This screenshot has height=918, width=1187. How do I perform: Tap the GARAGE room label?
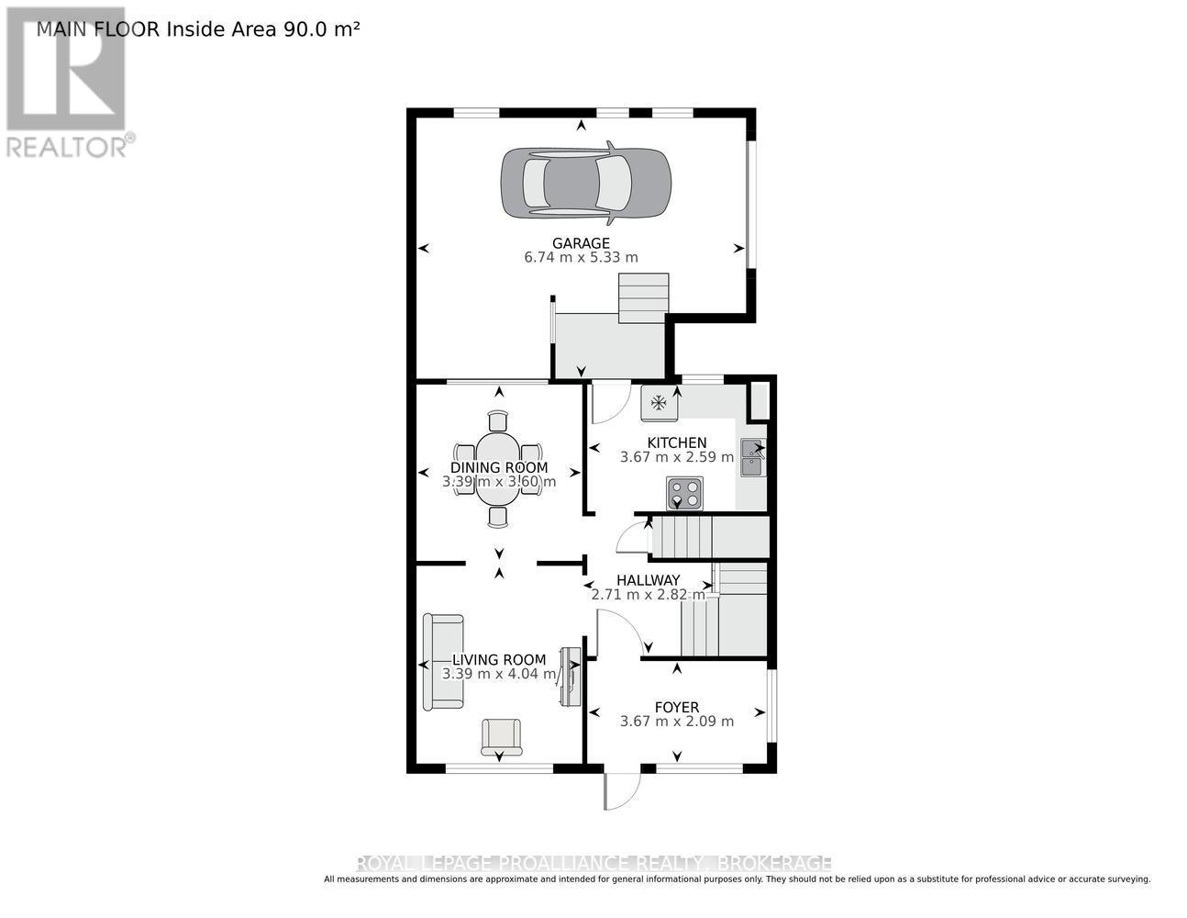pyautogui.click(x=581, y=243)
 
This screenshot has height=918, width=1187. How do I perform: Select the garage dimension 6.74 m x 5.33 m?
pyautogui.click(x=581, y=257)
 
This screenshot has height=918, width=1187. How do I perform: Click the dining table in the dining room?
pyautogui.click(x=497, y=469)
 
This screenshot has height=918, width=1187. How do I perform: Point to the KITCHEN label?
pyautogui.click(x=677, y=442)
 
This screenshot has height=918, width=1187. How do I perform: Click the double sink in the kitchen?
pyautogui.click(x=753, y=457)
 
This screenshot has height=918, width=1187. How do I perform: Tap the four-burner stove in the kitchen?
pyautogui.click(x=684, y=494)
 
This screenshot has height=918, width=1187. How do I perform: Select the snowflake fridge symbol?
pyautogui.click(x=660, y=404)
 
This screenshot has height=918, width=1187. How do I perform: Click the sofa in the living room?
pyautogui.click(x=444, y=662)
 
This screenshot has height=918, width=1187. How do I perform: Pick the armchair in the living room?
pyautogui.click(x=502, y=737)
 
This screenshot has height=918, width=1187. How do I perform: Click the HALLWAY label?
pyautogui.click(x=649, y=580)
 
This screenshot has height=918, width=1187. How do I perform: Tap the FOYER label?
pyautogui.click(x=677, y=707)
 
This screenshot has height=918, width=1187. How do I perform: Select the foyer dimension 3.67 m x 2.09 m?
pyautogui.click(x=677, y=722)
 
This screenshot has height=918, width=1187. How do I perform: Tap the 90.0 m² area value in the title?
pyautogui.click(x=322, y=29)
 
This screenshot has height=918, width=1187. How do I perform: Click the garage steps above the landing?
pyautogui.click(x=643, y=298)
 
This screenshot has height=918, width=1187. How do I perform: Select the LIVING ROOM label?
pyautogui.click(x=499, y=659)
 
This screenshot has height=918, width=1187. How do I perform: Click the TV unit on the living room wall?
pyautogui.click(x=570, y=677)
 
